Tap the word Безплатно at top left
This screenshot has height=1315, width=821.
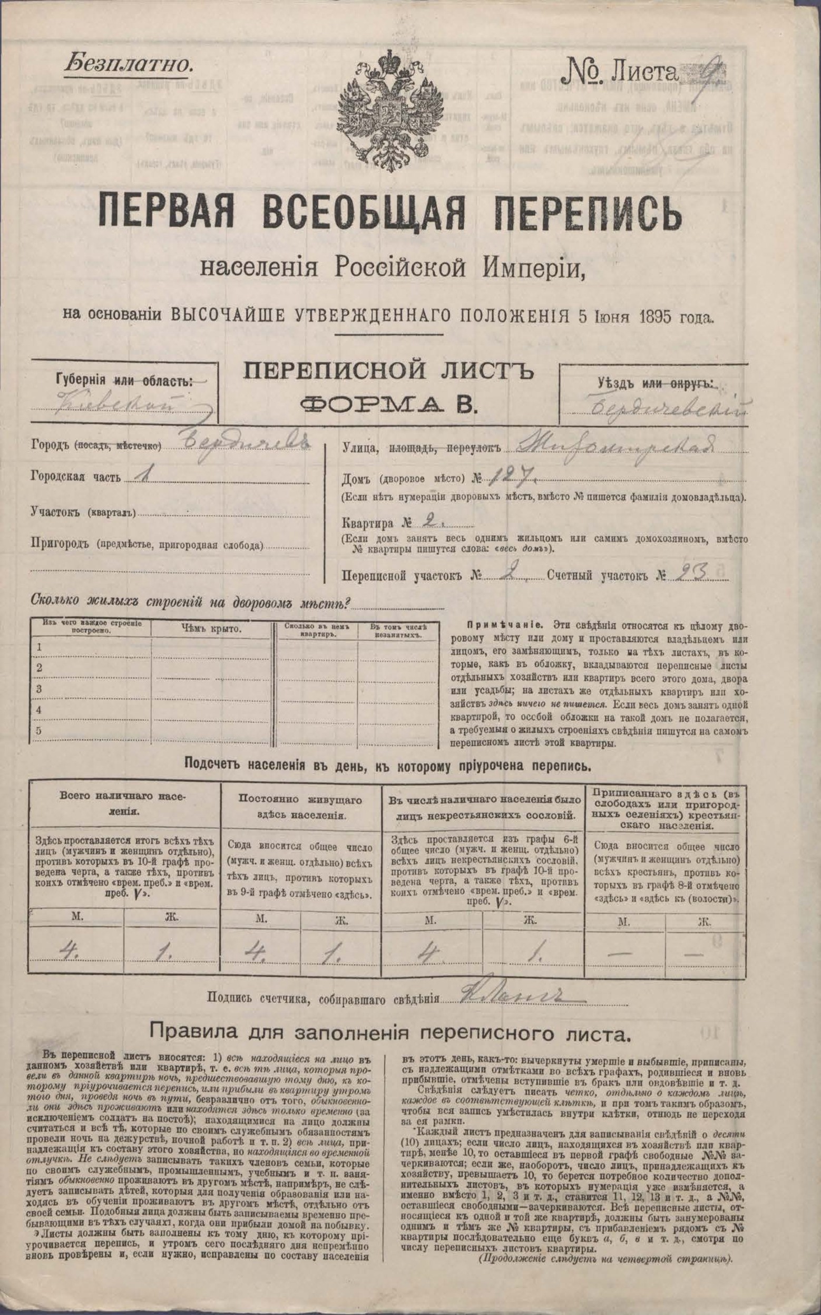pyautogui.click(x=129, y=66)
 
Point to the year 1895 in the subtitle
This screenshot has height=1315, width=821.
pyautogui.click(x=659, y=317)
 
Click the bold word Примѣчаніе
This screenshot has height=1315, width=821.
pyautogui.click(x=492, y=623)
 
